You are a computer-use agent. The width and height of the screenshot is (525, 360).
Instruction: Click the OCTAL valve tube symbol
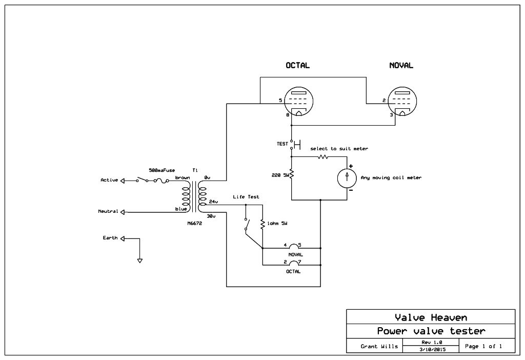pos(298,102)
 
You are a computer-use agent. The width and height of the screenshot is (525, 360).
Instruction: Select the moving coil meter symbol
pos(347,177)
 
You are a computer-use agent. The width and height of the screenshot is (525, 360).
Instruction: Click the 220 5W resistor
pos(291,175)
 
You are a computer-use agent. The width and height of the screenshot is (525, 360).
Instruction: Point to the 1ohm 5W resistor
pos(262,224)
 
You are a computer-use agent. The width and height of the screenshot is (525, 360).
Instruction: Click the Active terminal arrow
pos(123,181)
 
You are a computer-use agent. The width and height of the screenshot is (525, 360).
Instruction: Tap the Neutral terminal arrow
pos(123,212)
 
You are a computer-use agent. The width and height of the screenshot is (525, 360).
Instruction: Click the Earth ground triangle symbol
pos(139,261)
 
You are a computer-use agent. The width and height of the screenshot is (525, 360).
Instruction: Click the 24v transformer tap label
pos(213,202)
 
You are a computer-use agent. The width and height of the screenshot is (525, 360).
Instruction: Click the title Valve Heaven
pos(431,317)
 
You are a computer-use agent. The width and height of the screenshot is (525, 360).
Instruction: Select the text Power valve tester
pos(431,331)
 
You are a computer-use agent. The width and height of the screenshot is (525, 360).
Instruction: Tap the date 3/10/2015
pos(431,349)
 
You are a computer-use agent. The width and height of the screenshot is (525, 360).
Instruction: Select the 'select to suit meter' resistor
pos(322,156)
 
